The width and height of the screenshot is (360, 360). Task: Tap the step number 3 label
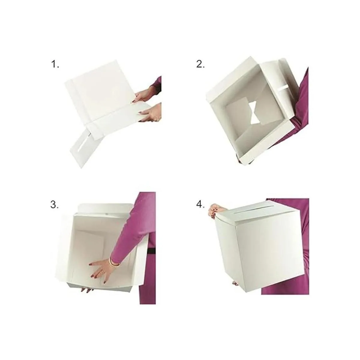[54, 205]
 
